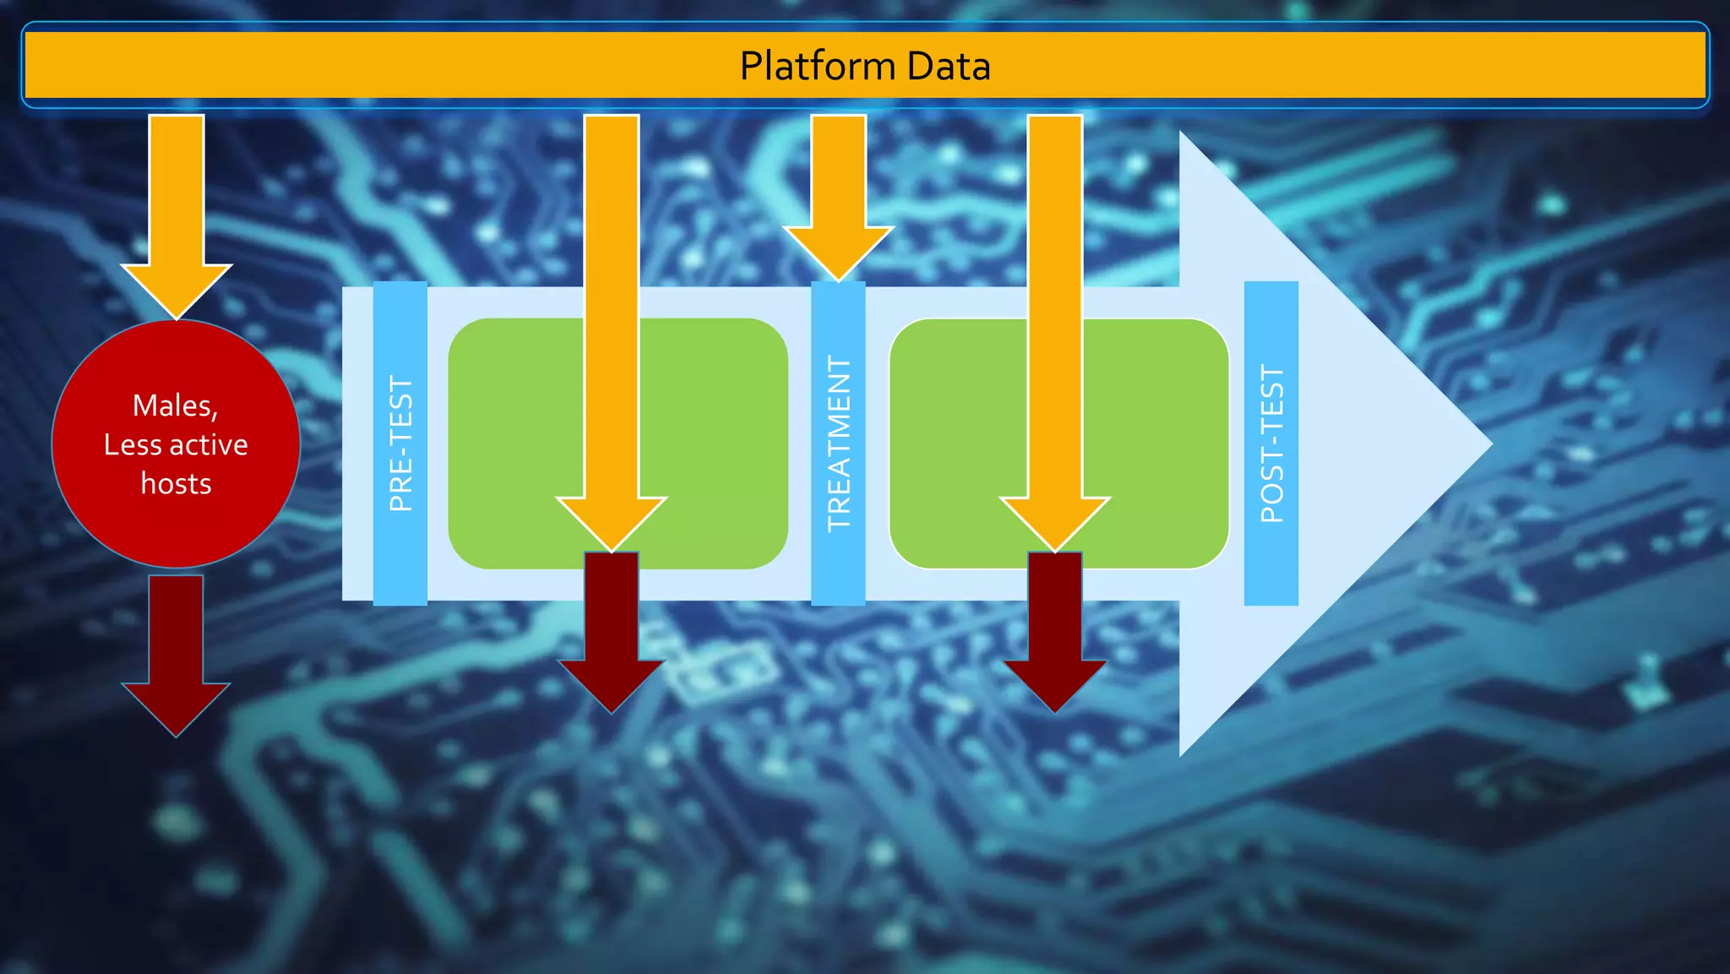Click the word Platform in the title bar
click(817, 67)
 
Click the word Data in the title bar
click(950, 67)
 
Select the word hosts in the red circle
click(176, 484)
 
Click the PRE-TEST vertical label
click(400, 444)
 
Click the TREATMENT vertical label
click(838, 444)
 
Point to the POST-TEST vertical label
click(1271, 444)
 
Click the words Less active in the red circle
click(176, 445)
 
